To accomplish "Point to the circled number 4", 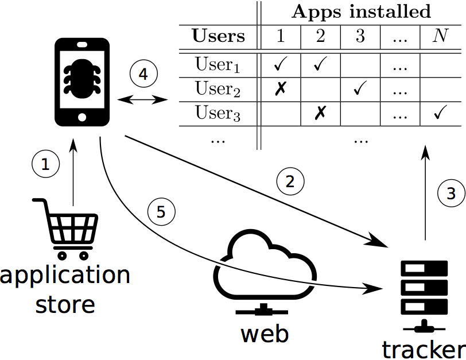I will [x=143, y=74].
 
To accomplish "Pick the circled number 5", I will [x=161, y=212].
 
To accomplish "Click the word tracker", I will [x=423, y=349].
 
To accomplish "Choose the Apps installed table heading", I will [x=362, y=11].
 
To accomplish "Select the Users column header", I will [x=218, y=36].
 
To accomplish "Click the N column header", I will [x=440, y=36].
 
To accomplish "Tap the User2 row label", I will [x=218, y=89].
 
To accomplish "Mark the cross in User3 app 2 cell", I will [x=320, y=114].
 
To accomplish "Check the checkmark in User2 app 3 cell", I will [x=360, y=90].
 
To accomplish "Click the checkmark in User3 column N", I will [x=440, y=114].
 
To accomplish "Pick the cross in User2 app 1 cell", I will [x=280, y=90].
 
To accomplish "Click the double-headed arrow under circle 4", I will [x=142, y=100].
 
